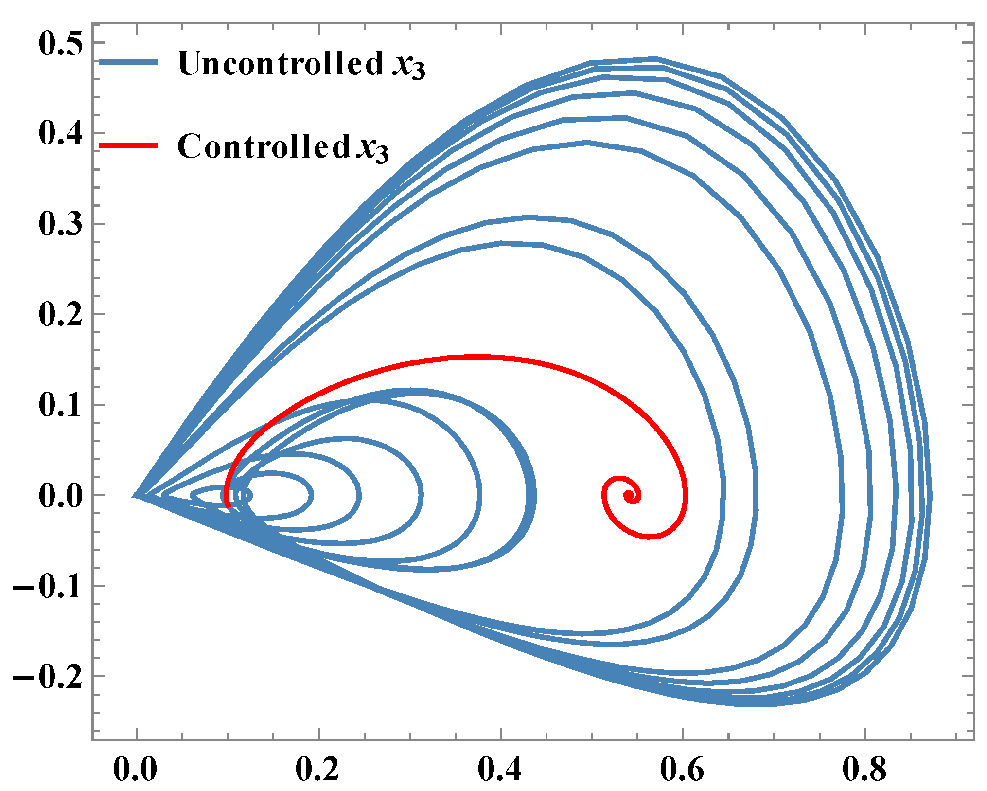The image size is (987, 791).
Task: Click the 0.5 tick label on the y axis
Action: [x=60, y=44]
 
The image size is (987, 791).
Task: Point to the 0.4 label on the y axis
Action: [x=60, y=133]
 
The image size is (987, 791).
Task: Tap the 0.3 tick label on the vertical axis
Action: [x=60, y=224]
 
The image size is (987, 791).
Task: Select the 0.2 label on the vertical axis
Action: [x=60, y=314]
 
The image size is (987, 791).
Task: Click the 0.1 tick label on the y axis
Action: [x=60, y=405]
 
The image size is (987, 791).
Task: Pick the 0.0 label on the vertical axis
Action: [x=60, y=496]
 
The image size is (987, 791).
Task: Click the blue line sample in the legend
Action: [x=128, y=62]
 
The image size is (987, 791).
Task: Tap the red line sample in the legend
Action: [x=128, y=145]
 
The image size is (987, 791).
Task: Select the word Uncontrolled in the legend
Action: [x=281, y=63]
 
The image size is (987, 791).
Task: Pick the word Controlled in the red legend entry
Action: [x=264, y=146]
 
